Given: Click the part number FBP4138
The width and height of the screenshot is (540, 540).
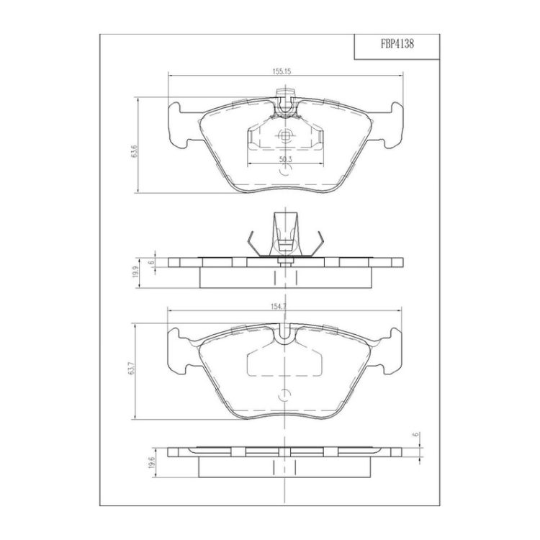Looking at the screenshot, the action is click(x=397, y=45).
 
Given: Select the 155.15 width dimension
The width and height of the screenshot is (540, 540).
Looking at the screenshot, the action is click(x=282, y=71).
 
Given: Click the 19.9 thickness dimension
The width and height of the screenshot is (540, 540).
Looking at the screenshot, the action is click(x=135, y=272).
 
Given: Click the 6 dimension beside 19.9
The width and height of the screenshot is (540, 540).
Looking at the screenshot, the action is click(x=150, y=263).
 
